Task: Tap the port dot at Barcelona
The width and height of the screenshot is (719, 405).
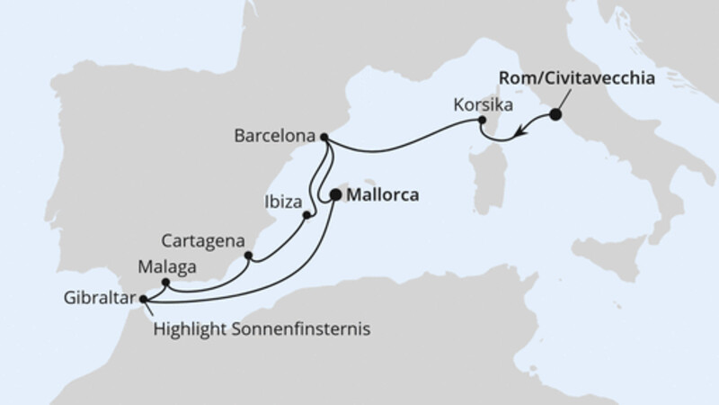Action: (324, 138)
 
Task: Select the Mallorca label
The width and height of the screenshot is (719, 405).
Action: (383, 193)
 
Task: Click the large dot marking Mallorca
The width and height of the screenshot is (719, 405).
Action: (336, 193)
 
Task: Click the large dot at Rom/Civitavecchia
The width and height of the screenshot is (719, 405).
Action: (555, 114)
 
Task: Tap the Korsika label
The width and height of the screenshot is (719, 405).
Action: (484, 106)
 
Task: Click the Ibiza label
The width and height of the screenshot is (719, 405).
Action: (280, 200)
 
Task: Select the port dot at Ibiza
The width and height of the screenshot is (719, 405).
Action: (307, 215)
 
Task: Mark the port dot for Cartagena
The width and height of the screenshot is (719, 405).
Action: (248, 256)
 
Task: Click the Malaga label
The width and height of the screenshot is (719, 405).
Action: (164, 266)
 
